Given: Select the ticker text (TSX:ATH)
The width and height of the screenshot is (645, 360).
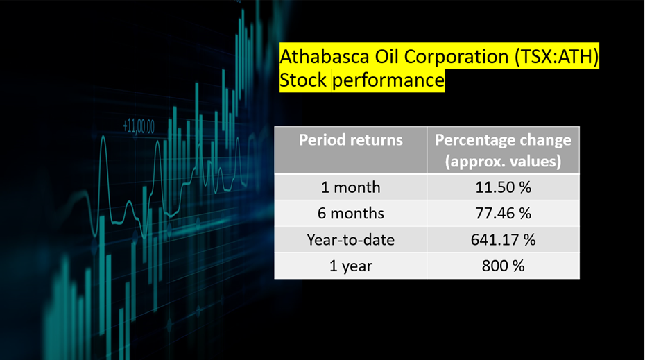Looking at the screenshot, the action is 557,56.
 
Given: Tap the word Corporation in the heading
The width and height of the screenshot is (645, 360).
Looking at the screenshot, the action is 456,57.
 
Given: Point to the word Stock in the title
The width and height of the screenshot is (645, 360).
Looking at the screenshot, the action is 303,79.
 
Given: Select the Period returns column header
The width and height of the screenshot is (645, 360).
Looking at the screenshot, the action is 351,140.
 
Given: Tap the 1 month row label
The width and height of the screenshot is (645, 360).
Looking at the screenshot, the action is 351,187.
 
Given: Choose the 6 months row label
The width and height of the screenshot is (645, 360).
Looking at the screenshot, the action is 351,213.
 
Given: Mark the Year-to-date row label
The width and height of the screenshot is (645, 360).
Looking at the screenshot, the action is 351,239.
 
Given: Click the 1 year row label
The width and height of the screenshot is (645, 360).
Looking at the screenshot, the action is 351,266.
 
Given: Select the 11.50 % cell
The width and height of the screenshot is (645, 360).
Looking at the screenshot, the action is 503,187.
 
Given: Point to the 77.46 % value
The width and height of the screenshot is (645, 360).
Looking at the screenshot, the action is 503,213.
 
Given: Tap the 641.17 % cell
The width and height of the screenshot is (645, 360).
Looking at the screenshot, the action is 503,239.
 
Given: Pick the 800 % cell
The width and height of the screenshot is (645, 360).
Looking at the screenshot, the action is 503,266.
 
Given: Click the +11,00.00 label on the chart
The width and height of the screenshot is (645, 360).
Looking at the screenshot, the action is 139,126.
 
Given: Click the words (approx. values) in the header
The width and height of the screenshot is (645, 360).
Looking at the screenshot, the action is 503,162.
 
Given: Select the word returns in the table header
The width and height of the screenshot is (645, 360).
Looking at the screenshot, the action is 377,140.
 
